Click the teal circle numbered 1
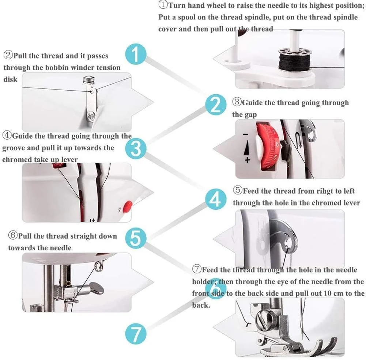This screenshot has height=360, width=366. coord(136,54)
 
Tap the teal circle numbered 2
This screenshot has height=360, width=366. coord(216,105)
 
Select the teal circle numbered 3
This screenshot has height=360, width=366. coord(136,149)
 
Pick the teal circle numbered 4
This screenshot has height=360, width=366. coord(216,199)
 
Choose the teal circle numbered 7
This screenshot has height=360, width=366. coord(136,333)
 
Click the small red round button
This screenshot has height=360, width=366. coord(128,205)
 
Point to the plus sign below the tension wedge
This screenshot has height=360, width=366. coord(247,160)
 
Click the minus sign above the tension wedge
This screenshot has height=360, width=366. coord(245,134)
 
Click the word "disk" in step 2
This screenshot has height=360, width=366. coord(10,79)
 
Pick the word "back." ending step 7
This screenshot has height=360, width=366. coord(201,305)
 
